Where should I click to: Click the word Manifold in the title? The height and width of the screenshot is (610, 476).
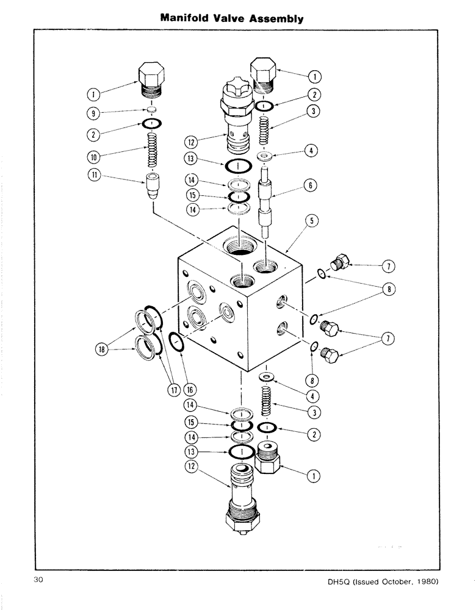(187, 18)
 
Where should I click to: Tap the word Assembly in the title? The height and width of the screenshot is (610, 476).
(276, 18)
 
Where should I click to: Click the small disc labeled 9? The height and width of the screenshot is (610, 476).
(151, 110)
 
